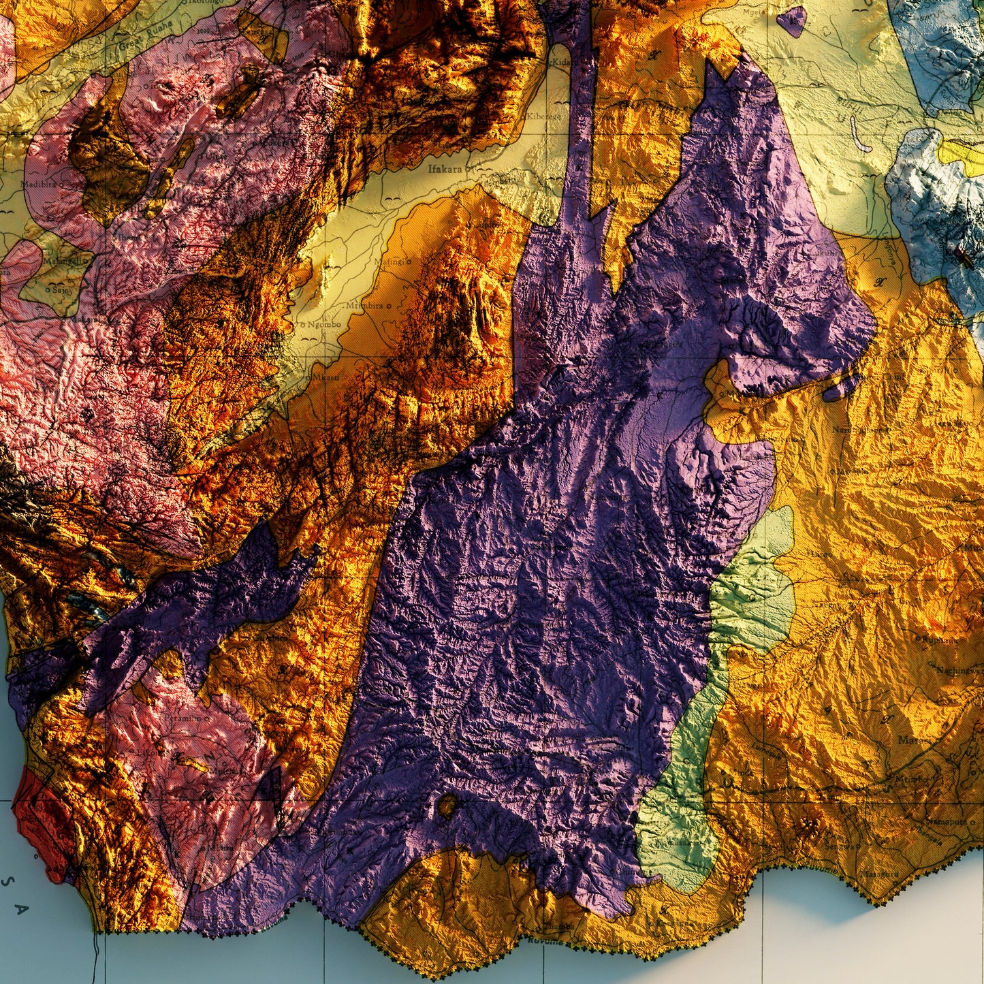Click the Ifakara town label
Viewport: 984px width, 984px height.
(x=445, y=168)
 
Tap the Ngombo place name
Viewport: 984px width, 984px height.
(x=323, y=325)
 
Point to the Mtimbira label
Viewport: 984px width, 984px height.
(x=364, y=306)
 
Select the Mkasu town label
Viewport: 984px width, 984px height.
(x=326, y=376)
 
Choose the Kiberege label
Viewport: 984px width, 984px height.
(x=543, y=116)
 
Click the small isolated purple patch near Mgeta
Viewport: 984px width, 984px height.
(x=791, y=22)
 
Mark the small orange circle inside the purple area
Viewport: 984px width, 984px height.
(x=447, y=807)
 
